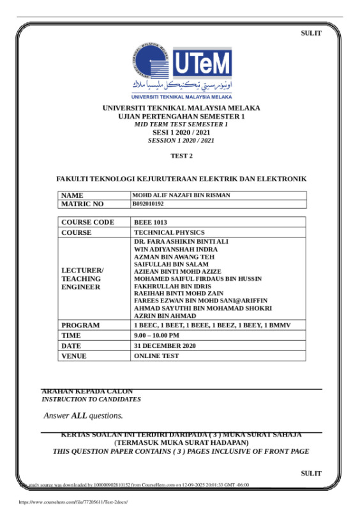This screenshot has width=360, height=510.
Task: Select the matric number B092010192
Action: coord(148,204)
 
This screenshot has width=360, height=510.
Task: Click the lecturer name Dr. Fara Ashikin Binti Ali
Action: coord(181,242)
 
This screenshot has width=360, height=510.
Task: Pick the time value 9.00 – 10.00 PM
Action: coord(156,335)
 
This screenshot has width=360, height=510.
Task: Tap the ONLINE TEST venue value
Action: coord(156,356)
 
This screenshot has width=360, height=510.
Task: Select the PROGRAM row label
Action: coord(80,325)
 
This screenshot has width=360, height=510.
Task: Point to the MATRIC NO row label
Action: coord(82,204)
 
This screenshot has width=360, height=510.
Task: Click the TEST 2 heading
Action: coord(181,156)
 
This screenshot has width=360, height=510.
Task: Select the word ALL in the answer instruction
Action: coord(79,416)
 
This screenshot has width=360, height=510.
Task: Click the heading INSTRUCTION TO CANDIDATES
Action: coord(91,399)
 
